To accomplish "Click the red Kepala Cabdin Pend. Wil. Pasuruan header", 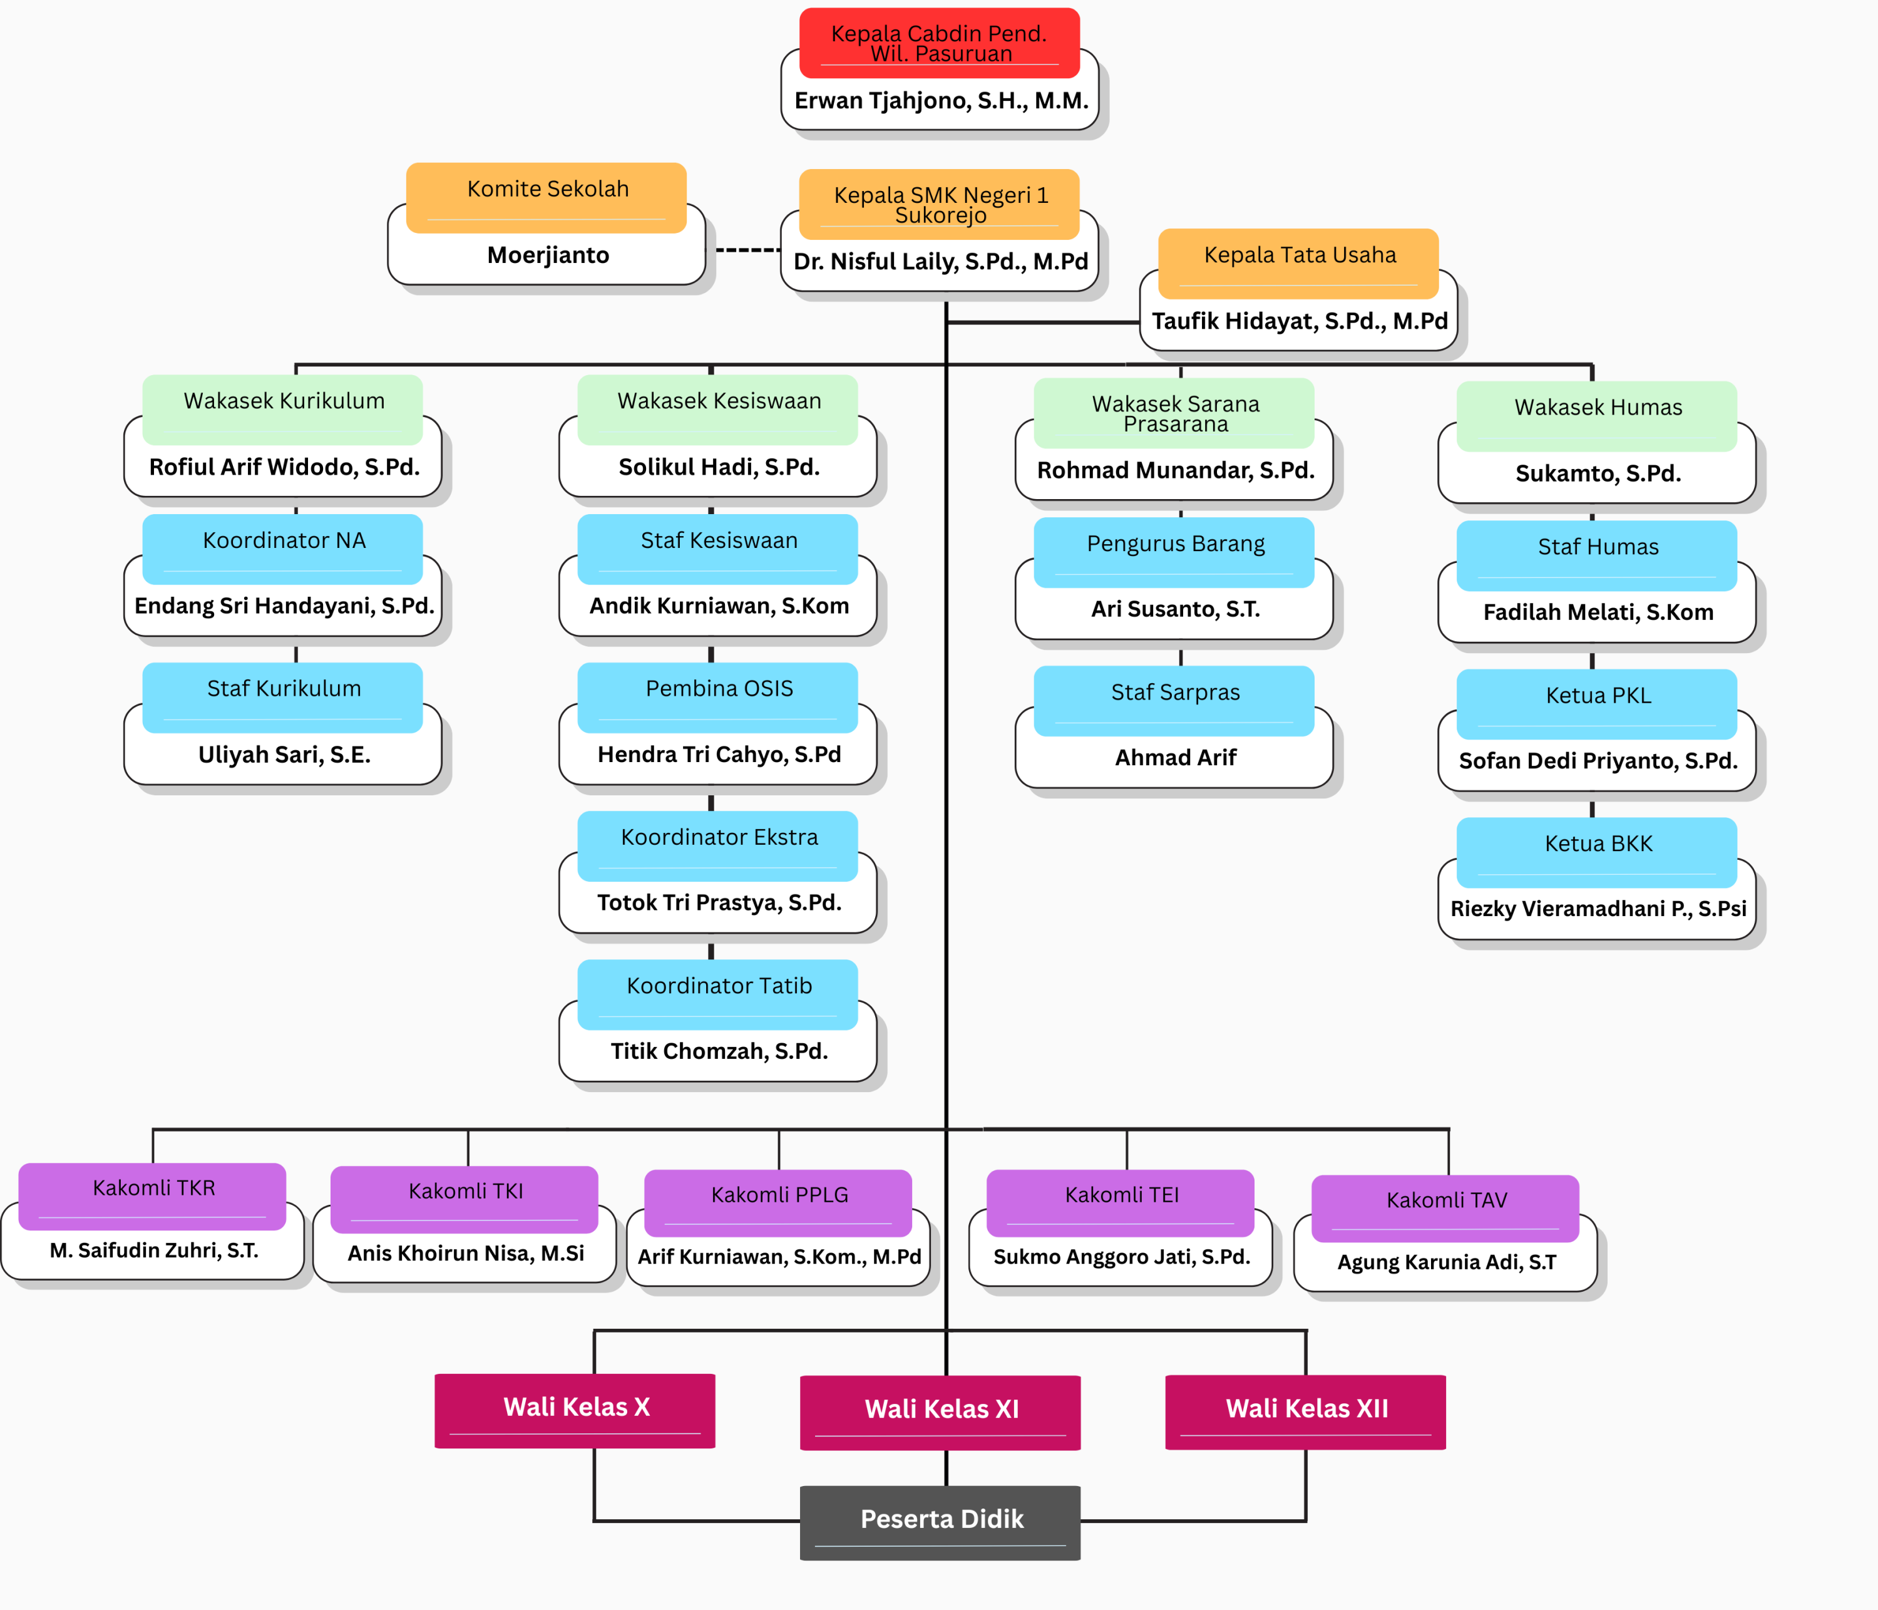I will coord(939,43).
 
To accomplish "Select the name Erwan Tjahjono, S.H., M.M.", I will coord(941,101).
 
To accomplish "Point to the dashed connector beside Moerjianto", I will coord(747,249).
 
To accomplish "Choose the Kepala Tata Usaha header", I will coord(1299,255).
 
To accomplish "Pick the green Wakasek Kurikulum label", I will coord(283,401).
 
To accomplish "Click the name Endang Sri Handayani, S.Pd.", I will coord(284,606).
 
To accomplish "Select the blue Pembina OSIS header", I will coord(718,689).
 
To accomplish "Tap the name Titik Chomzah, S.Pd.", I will coord(719,1051).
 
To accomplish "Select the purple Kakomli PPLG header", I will coord(779,1195).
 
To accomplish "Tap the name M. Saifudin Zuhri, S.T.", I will coord(154,1251).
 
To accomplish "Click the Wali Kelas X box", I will coord(575,1408).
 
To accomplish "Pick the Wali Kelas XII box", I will coord(1306,1410).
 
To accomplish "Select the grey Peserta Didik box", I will coord(941,1520).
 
